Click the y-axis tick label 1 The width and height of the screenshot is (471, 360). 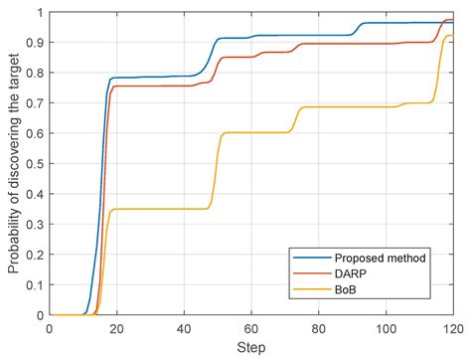[40, 13]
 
